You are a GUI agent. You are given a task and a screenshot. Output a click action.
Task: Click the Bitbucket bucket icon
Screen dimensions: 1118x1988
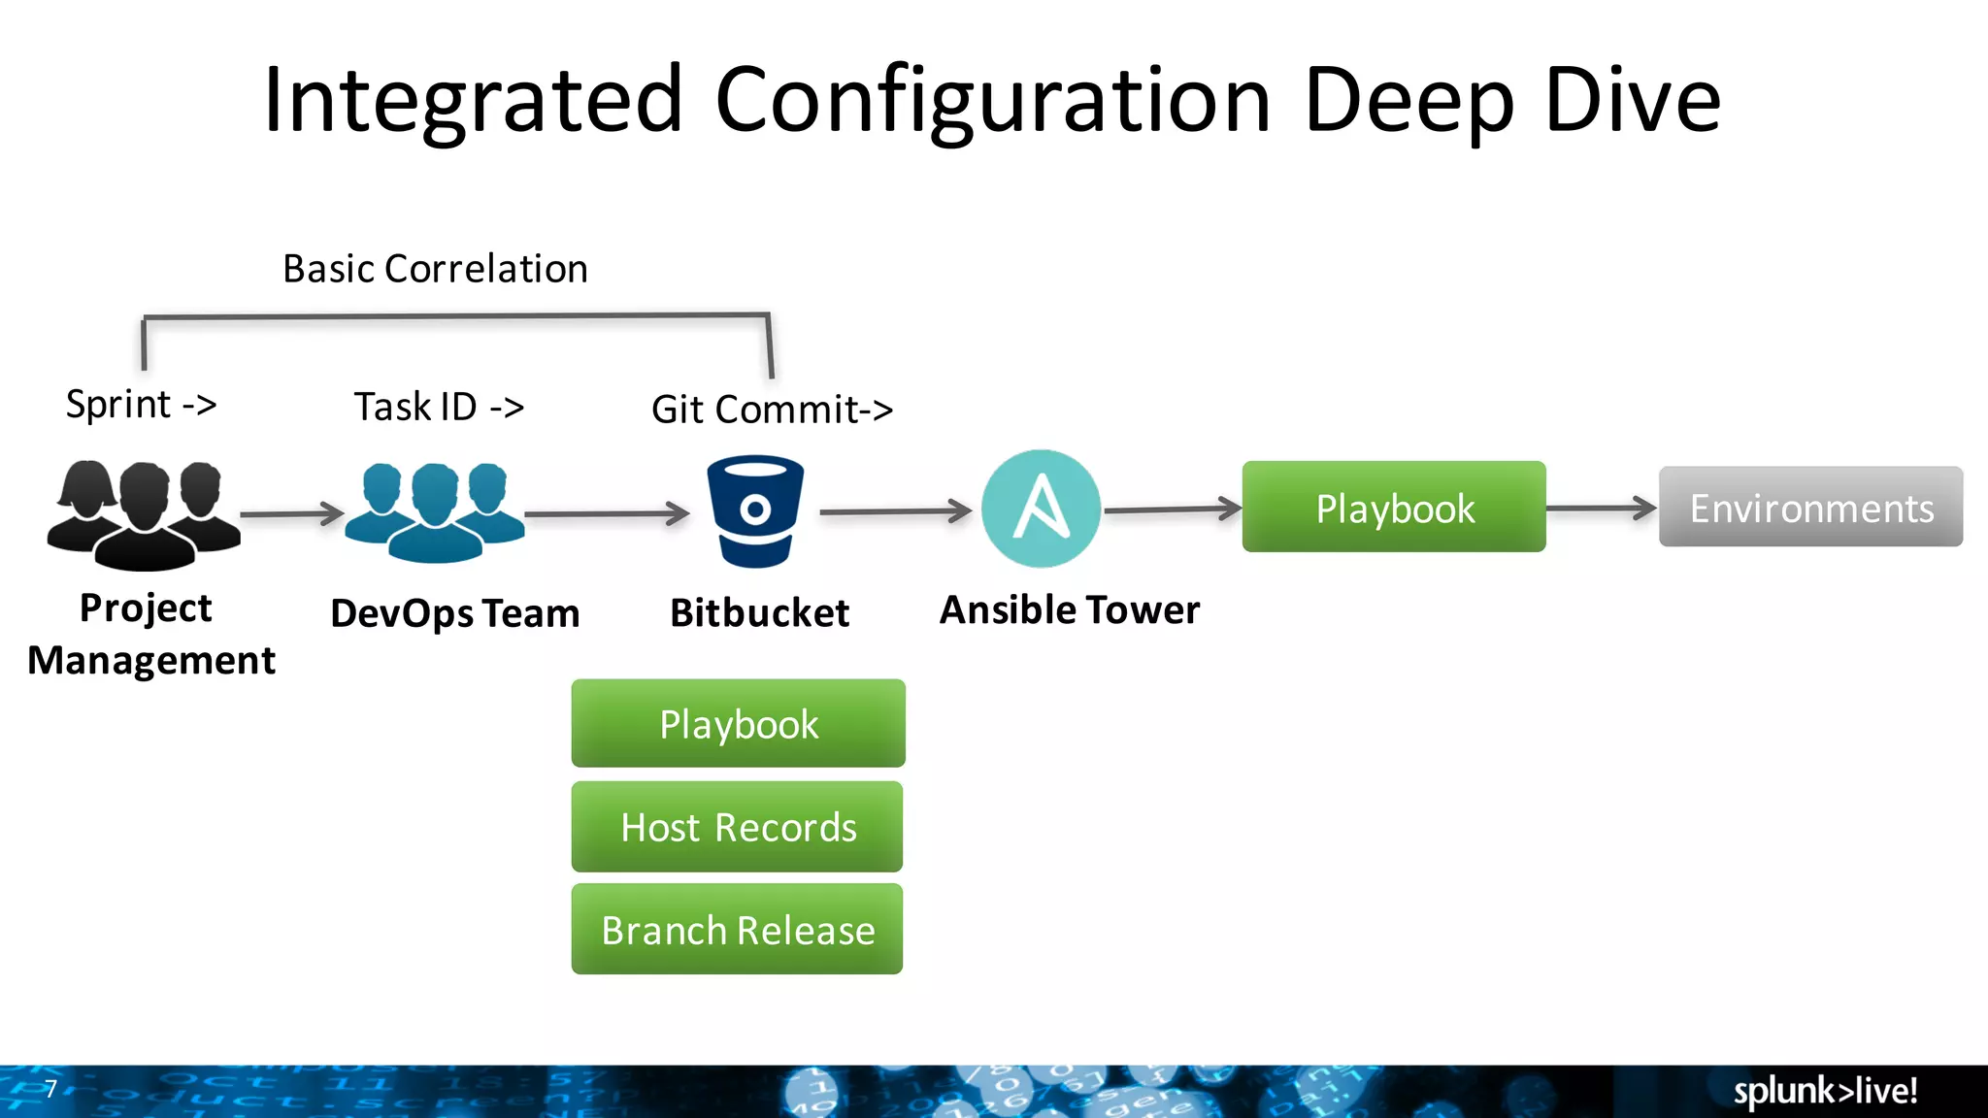click(755, 511)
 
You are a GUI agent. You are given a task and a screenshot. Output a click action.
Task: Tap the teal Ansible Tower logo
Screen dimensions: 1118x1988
click(1041, 509)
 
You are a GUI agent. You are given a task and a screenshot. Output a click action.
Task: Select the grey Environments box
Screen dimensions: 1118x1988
click(1810, 508)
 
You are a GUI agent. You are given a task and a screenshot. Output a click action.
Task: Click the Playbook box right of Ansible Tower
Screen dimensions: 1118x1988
click(1394, 508)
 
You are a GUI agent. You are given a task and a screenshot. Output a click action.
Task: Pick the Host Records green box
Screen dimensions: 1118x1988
click(738, 827)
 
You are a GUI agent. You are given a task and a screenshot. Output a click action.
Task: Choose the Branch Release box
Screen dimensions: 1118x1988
click(738, 930)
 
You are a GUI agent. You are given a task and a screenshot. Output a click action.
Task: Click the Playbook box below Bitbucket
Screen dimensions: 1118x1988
click(738, 724)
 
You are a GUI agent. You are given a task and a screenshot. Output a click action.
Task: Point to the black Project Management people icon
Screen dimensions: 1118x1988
click(144, 514)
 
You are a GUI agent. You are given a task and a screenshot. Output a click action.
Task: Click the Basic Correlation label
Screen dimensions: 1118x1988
click(435, 269)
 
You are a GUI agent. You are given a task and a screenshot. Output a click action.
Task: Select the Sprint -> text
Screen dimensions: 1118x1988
click(142, 404)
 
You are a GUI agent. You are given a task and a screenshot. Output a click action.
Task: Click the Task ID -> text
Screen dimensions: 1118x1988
click(439, 407)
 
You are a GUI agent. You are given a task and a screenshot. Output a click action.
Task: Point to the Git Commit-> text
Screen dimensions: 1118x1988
click(772, 410)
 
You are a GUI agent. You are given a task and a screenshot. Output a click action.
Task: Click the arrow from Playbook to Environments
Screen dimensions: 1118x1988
click(1602, 508)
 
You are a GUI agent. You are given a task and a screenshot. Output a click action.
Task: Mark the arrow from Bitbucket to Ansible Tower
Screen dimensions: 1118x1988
click(895, 510)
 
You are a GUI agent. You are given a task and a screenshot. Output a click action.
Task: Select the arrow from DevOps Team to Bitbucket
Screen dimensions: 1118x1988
click(607, 513)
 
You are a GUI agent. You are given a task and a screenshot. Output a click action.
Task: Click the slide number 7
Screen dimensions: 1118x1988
click(50, 1089)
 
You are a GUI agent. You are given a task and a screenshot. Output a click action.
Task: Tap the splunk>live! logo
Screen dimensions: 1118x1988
click(1825, 1091)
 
